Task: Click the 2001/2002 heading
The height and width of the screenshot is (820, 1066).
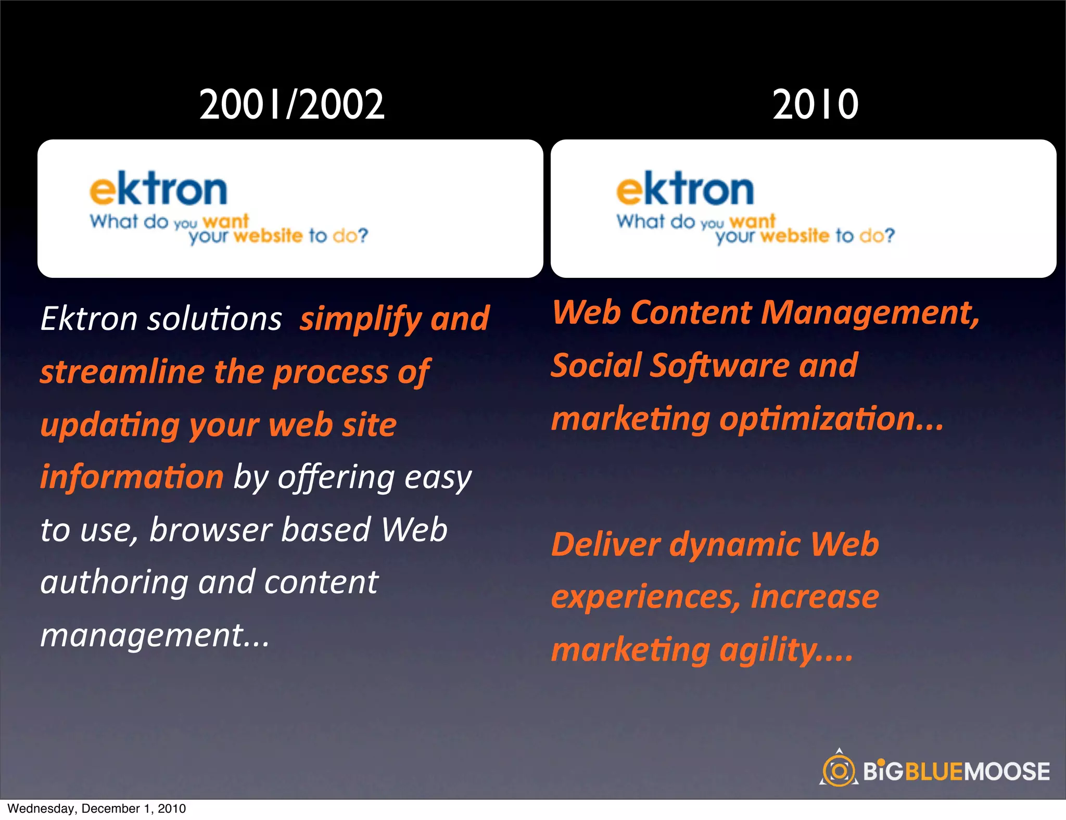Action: coord(292,105)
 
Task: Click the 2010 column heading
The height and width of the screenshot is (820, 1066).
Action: coord(815,105)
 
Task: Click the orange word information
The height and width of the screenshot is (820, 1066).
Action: coord(132,477)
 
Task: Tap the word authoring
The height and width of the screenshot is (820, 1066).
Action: coord(115,583)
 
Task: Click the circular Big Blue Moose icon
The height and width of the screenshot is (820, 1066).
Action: coord(839,771)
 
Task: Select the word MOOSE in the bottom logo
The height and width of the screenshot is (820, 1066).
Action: coord(1007,772)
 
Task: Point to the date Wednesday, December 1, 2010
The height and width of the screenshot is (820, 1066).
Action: coord(97,809)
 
